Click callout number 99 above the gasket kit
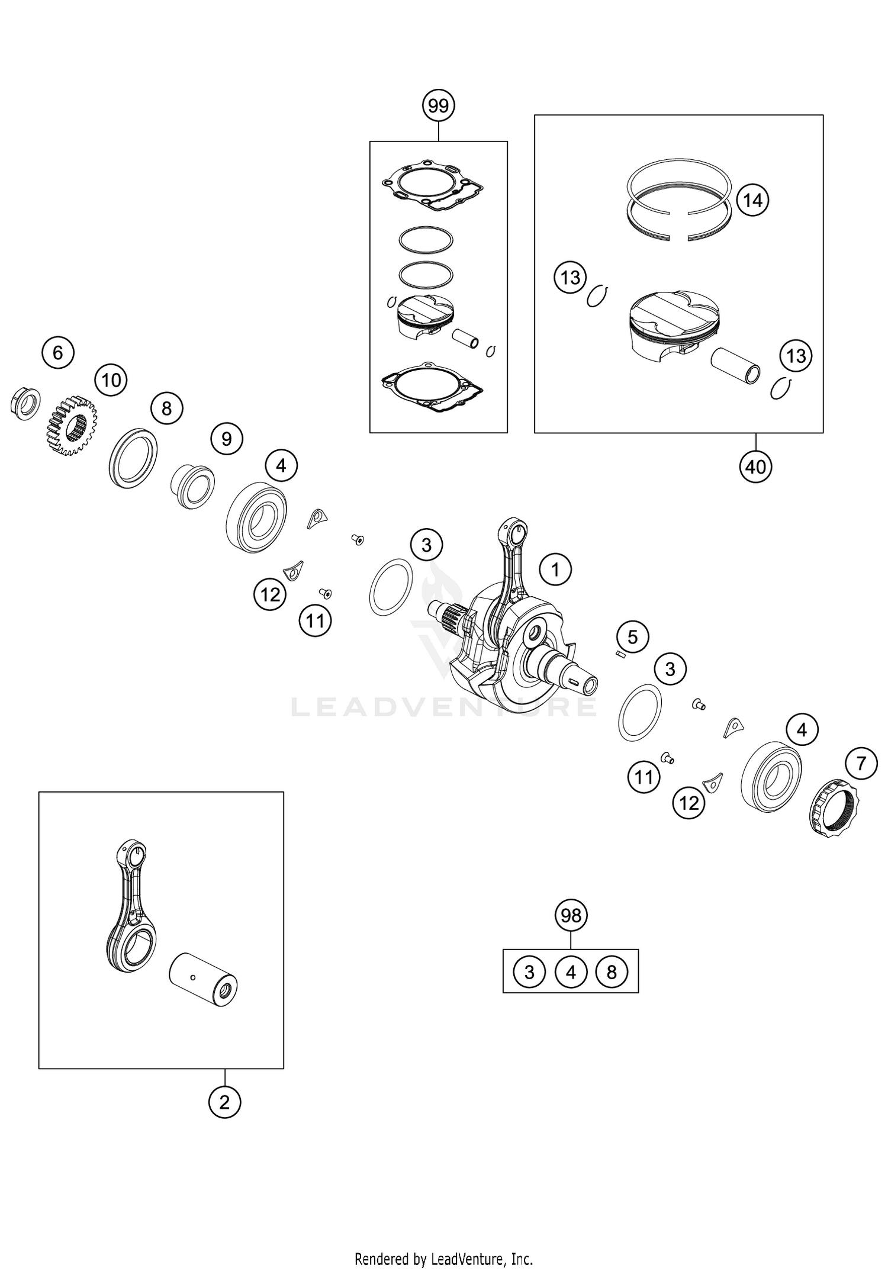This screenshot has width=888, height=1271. click(x=438, y=106)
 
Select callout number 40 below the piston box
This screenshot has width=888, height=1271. click(x=755, y=467)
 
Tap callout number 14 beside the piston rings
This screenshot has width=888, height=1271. click(x=753, y=201)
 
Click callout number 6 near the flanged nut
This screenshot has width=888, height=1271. click(x=57, y=353)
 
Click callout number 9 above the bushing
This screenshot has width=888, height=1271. click(x=226, y=439)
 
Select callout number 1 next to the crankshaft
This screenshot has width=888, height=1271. click(x=555, y=570)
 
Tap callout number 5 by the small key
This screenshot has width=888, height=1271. click(x=632, y=637)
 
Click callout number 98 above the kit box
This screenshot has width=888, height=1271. click(x=571, y=915)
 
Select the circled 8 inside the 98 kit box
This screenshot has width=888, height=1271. click(x=612, y=971)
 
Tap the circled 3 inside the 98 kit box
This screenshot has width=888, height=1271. click(x=529, y=971)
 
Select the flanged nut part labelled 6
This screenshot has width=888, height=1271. click(x=25, y=404)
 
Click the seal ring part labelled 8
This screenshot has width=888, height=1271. click(x=133, y=458)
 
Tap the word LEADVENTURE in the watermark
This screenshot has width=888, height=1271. click(x=444, y=707)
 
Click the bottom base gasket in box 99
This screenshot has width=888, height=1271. click(x=432, y=388)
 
